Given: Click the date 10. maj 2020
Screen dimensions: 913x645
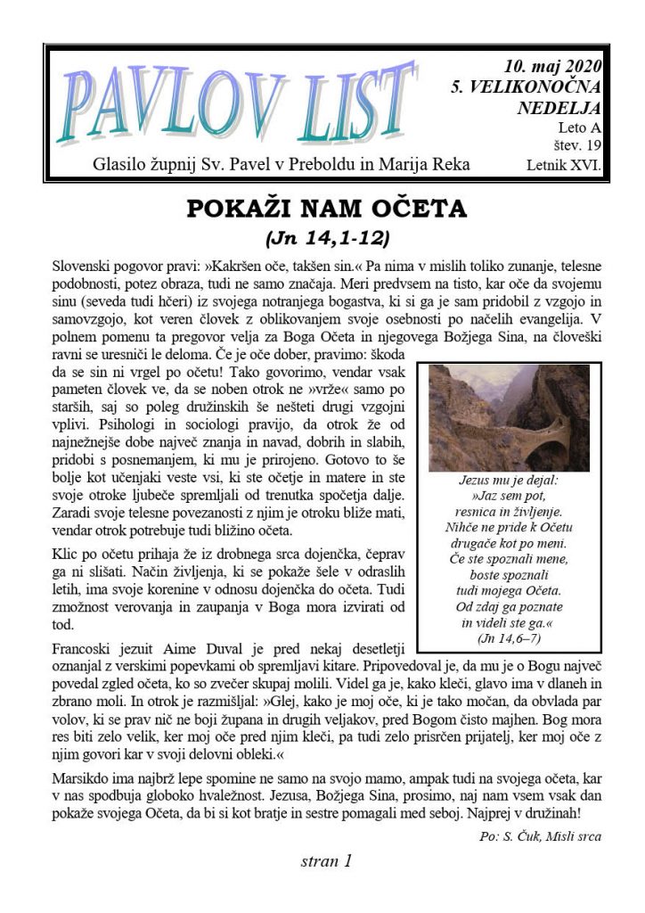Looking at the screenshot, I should [552, 66].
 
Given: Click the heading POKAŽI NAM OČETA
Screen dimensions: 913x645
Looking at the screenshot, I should [326, 210].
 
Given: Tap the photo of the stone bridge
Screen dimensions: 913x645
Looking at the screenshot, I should [509, 416].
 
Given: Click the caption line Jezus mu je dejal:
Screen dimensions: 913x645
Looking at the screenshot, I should [509, 479].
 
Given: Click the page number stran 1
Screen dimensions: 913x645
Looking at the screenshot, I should [327, 861].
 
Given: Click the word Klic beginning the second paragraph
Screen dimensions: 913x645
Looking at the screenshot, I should [66, 552].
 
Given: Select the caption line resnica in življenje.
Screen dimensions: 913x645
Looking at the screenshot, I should [509, 511].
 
